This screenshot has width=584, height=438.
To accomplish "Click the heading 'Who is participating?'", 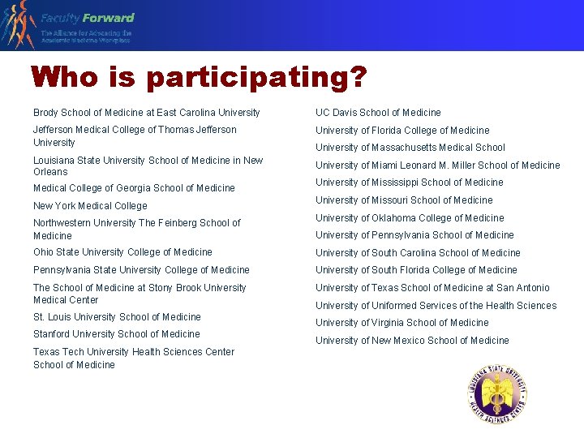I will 199,78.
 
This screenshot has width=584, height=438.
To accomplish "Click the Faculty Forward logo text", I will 88,18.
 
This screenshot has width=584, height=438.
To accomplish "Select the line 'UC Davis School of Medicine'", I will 378,113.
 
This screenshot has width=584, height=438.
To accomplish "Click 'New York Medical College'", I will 90,206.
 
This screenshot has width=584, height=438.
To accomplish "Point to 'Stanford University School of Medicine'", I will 116,334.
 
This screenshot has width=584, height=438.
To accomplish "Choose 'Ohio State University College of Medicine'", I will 122,252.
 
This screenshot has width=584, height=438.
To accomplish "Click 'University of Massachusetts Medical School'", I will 410,148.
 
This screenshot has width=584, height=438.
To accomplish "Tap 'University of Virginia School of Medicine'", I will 401,323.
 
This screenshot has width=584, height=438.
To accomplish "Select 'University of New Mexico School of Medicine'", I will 412,341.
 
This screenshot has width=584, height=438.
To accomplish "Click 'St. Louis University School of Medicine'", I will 117,317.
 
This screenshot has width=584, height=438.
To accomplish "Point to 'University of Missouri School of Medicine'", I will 404,200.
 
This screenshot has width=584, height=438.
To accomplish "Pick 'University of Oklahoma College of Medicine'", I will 410,218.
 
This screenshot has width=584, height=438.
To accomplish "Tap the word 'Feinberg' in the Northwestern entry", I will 178,223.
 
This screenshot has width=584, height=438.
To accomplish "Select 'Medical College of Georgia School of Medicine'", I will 134,188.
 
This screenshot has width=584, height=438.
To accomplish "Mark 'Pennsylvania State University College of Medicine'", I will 141,270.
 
